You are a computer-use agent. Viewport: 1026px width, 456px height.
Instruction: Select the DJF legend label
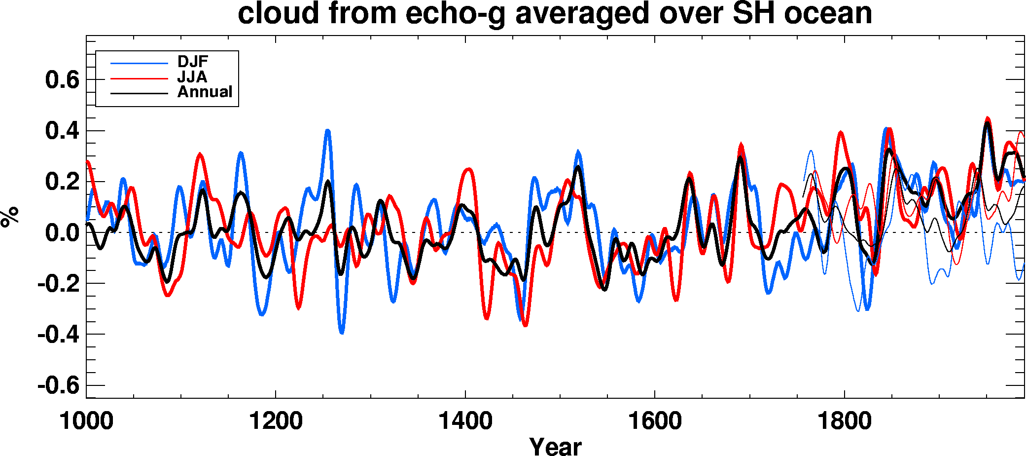193,62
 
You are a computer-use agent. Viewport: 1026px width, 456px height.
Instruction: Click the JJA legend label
192,77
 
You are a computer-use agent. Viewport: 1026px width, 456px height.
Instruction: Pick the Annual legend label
205,92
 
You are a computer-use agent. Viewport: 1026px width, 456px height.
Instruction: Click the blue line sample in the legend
139,63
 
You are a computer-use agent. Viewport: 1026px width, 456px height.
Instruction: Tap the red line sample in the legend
139,78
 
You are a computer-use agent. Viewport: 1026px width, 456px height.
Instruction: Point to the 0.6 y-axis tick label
62,80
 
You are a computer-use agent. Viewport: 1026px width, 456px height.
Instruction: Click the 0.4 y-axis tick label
62,131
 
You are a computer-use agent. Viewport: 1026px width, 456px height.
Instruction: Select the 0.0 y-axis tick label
62,233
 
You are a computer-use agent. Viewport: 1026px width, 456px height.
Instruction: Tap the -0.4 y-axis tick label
58,335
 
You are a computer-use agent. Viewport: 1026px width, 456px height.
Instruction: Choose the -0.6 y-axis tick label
58,385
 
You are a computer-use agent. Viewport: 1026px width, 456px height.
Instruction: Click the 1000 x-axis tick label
86,421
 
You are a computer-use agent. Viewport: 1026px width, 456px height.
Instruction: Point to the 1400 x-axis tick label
465,421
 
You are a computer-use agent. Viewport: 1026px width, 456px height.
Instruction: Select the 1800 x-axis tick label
844,421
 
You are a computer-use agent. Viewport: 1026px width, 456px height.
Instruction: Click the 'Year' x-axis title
555,446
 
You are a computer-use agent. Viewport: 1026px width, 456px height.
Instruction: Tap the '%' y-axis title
10,217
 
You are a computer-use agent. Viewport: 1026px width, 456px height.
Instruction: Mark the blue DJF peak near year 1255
327,130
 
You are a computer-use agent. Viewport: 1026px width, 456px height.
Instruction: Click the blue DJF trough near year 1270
342,332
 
